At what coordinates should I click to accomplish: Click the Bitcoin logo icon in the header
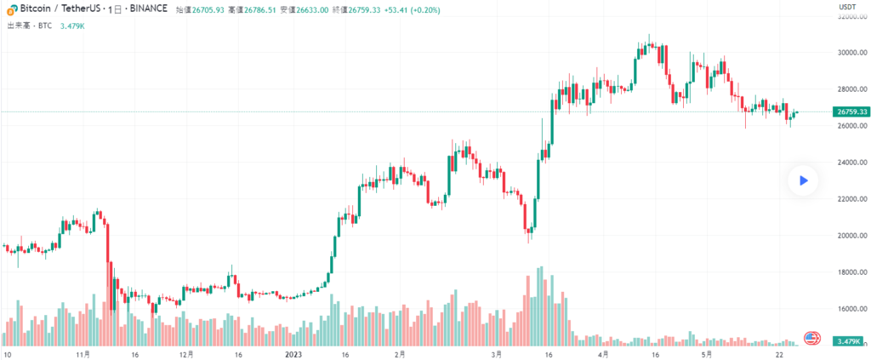(11, 9)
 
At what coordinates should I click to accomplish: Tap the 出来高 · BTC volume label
(30, 26)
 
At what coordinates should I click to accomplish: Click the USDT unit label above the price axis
(847, 7)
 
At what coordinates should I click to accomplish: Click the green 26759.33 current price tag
(851, 111)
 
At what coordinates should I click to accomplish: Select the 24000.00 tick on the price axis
(852, 163)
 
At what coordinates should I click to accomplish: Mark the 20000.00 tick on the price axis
(852, 236)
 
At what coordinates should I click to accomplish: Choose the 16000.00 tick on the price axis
(852, 309)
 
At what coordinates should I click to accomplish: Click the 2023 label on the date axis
(293, 353)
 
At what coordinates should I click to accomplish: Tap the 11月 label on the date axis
(83, 353)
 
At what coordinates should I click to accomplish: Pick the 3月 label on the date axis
(497, 353)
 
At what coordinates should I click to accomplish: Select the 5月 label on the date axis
(705, 353)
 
